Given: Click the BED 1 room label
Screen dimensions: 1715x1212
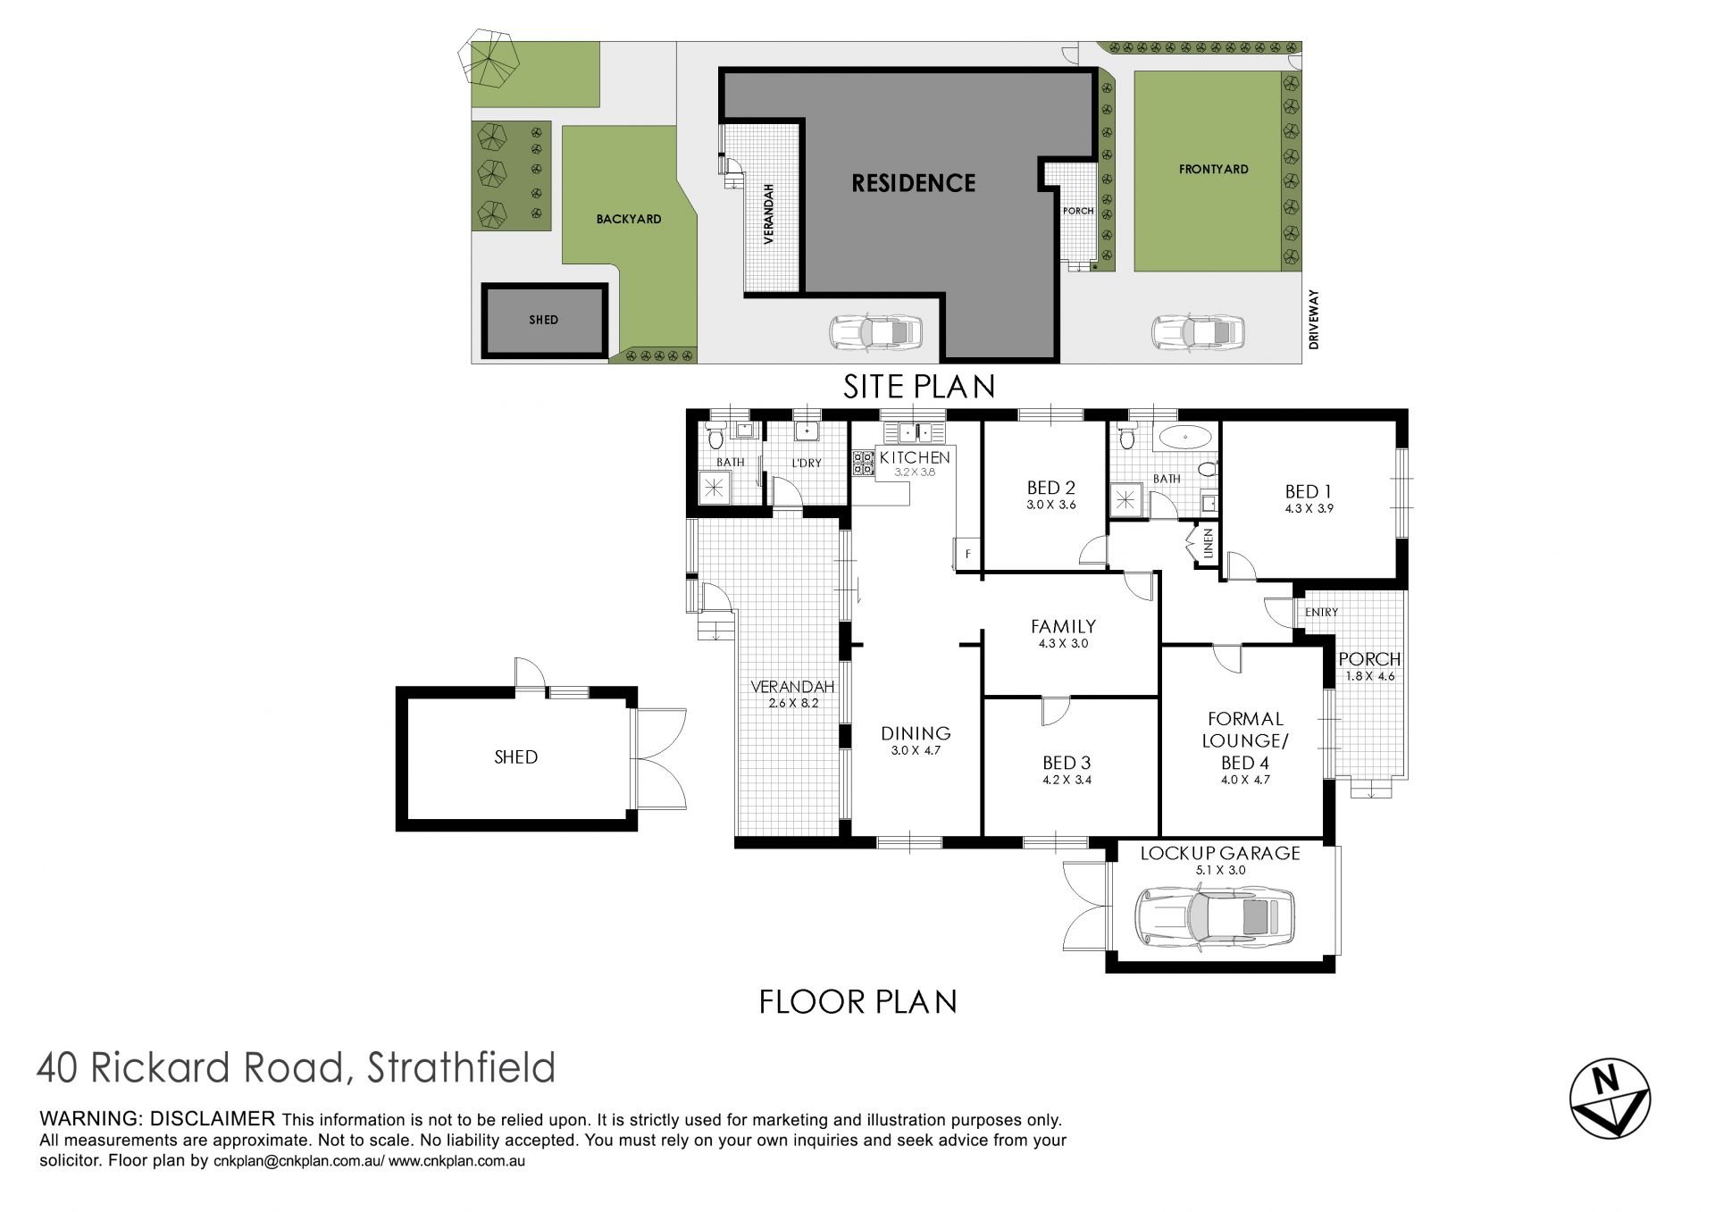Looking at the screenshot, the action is pos(1309,491).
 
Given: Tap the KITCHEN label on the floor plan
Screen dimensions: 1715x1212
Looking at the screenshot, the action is pos(915,457).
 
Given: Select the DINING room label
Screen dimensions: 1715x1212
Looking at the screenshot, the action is pos(916,733).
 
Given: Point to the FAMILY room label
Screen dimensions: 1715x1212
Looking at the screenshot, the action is pos(1063,626).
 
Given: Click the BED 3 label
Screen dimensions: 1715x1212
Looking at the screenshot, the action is pos(1067,763).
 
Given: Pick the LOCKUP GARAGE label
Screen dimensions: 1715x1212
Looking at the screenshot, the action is pos(1220,853).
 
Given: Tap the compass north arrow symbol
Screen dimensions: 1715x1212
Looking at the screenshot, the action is pos(1610,1099).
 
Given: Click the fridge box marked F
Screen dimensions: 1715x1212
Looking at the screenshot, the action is pos(967,553).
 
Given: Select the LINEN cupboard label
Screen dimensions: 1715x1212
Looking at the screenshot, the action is pos(1209,544).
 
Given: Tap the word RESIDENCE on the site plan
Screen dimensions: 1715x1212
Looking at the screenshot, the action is pos(913,183).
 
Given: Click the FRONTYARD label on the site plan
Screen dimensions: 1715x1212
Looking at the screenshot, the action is pos(1213,169).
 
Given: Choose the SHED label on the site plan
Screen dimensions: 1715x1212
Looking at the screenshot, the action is pos(543,320).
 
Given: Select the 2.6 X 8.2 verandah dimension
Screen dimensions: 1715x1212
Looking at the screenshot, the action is pos(793,703).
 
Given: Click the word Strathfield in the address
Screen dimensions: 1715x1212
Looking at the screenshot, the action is pos(461,1067).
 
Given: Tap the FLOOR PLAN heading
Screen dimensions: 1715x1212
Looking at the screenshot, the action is pos(857,1001).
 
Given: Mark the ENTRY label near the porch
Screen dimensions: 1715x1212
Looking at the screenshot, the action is pos(1321,612).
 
